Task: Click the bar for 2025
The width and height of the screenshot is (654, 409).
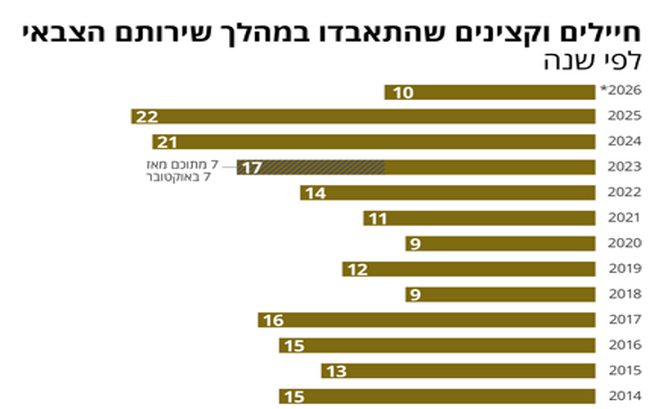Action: [x=363, y=117]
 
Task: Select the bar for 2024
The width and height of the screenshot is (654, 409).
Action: [x=374, y=142]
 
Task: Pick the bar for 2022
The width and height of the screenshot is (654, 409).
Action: [x=447, y=193]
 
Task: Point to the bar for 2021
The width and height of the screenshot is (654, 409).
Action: [x=479, y=218]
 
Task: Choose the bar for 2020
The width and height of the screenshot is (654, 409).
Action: [x=499, y=244]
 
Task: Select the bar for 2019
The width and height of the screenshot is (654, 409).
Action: [x=468, y=269]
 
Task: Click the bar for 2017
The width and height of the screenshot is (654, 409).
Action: [x=426, y=320]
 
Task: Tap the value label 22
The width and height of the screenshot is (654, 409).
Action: [x=147, y=117]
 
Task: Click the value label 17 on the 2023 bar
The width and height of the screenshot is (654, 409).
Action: [x=252, y=168]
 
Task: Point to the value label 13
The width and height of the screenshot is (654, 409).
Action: [x=336, y=371]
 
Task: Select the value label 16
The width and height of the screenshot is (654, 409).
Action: [x=273, y=320]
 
